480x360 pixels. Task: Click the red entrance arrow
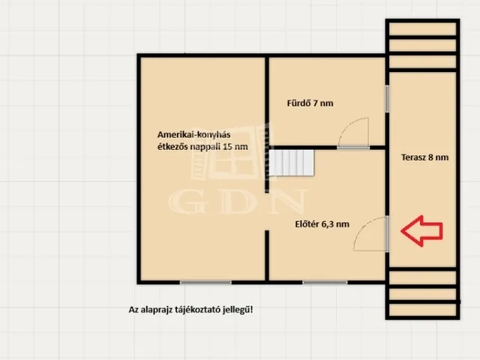[x=421, y=231]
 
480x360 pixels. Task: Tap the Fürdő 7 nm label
[x=310, y=103]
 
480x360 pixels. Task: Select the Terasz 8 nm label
[x=425, y=157]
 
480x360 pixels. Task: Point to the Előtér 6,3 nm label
[x=322, y=224]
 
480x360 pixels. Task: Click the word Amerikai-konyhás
[x=193, y=135]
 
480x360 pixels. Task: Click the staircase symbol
[x=292, y=163]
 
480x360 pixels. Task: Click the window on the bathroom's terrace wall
[x=387, y=98]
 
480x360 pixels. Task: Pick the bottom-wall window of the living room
[x=205, y=282]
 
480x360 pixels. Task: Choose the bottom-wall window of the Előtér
[x=325, y=282]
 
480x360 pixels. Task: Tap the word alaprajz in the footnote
[x=155, y=310]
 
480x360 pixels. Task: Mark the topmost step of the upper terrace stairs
[x=422, y=29]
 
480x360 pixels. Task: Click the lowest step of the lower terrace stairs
[x=422, y=310]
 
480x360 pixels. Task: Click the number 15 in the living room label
[x=228, y=147]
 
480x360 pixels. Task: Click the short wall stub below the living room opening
[x=267, y=255]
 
